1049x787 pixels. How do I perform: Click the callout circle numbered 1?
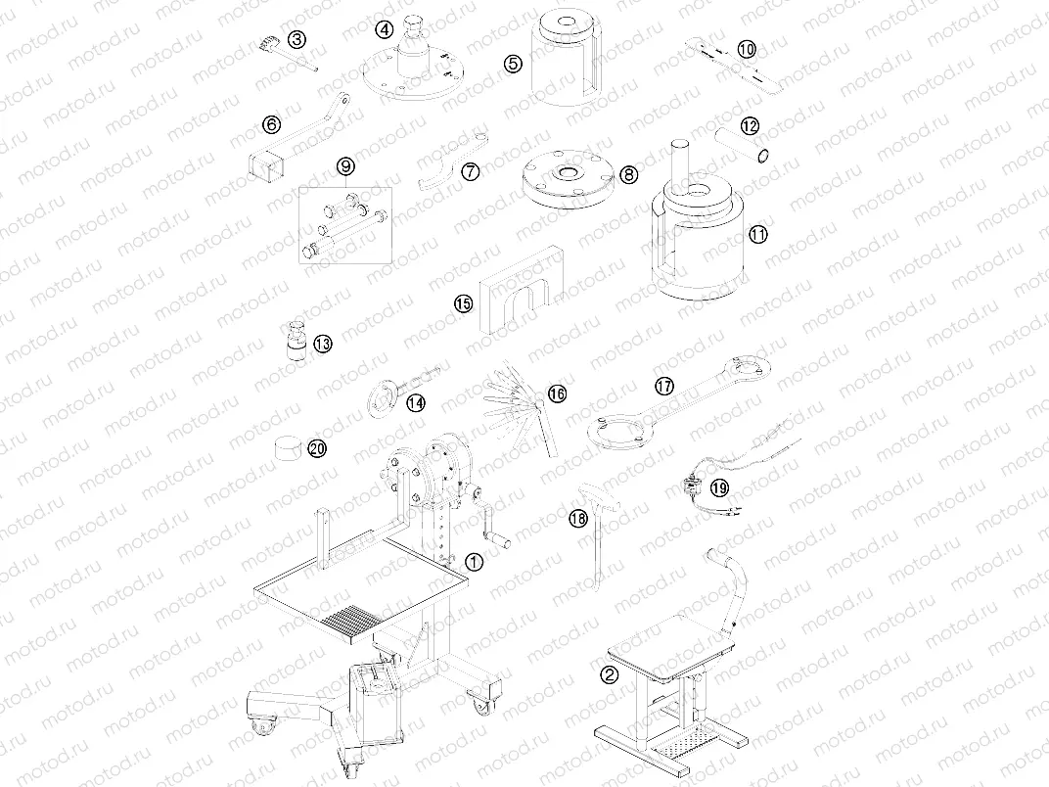coord(474,562)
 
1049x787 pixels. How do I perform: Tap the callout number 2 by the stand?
coord(609,673)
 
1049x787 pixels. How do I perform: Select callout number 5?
coord(514,64)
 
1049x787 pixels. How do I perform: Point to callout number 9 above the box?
coord(344,167)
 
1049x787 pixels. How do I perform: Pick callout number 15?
coord(463,303)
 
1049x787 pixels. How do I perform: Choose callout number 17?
coord(664,387)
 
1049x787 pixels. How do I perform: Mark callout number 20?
coord(316,448)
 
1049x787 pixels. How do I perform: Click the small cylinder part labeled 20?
coord(290,447)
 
